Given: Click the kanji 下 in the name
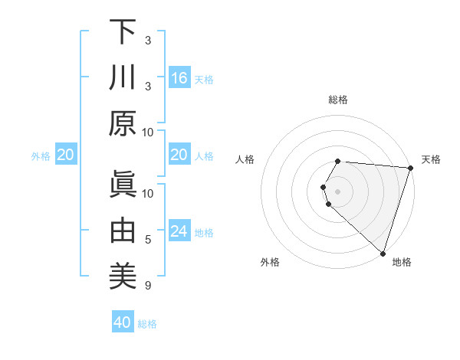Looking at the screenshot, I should click(x=122, y=33).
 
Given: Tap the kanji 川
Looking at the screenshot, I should click(x=122, y=78).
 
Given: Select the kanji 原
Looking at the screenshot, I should click(x=122, y=123).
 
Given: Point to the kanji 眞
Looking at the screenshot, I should click(x=122, y=186).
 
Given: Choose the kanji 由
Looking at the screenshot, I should click(x=122, y=231).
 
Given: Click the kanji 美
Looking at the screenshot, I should click(x=122, y=276).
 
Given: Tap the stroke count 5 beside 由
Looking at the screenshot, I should click(x=148, y=240).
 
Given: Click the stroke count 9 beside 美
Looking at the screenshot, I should click(x=148, y=286).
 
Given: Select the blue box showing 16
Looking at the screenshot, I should click(x=179, y=78).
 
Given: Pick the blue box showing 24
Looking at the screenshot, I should click(x=179, y=231).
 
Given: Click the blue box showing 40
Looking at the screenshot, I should click(x=123, y=322).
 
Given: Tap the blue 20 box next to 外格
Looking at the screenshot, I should click(x=65, y=155).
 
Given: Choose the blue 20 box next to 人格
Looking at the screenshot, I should click(x=179, y=155).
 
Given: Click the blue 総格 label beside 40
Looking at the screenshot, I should click(x=147, y=324).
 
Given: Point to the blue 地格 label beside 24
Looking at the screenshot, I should click(x=204, y=233).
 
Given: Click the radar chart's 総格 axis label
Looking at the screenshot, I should click(x=338, y=100).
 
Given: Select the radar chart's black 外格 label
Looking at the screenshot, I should click(x=270, y=263).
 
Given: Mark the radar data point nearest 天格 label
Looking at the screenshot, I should click(x=410, y=169).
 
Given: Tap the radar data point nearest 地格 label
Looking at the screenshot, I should click(x=383, y=253).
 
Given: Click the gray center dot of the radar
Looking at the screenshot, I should click(x=338, y=189).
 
